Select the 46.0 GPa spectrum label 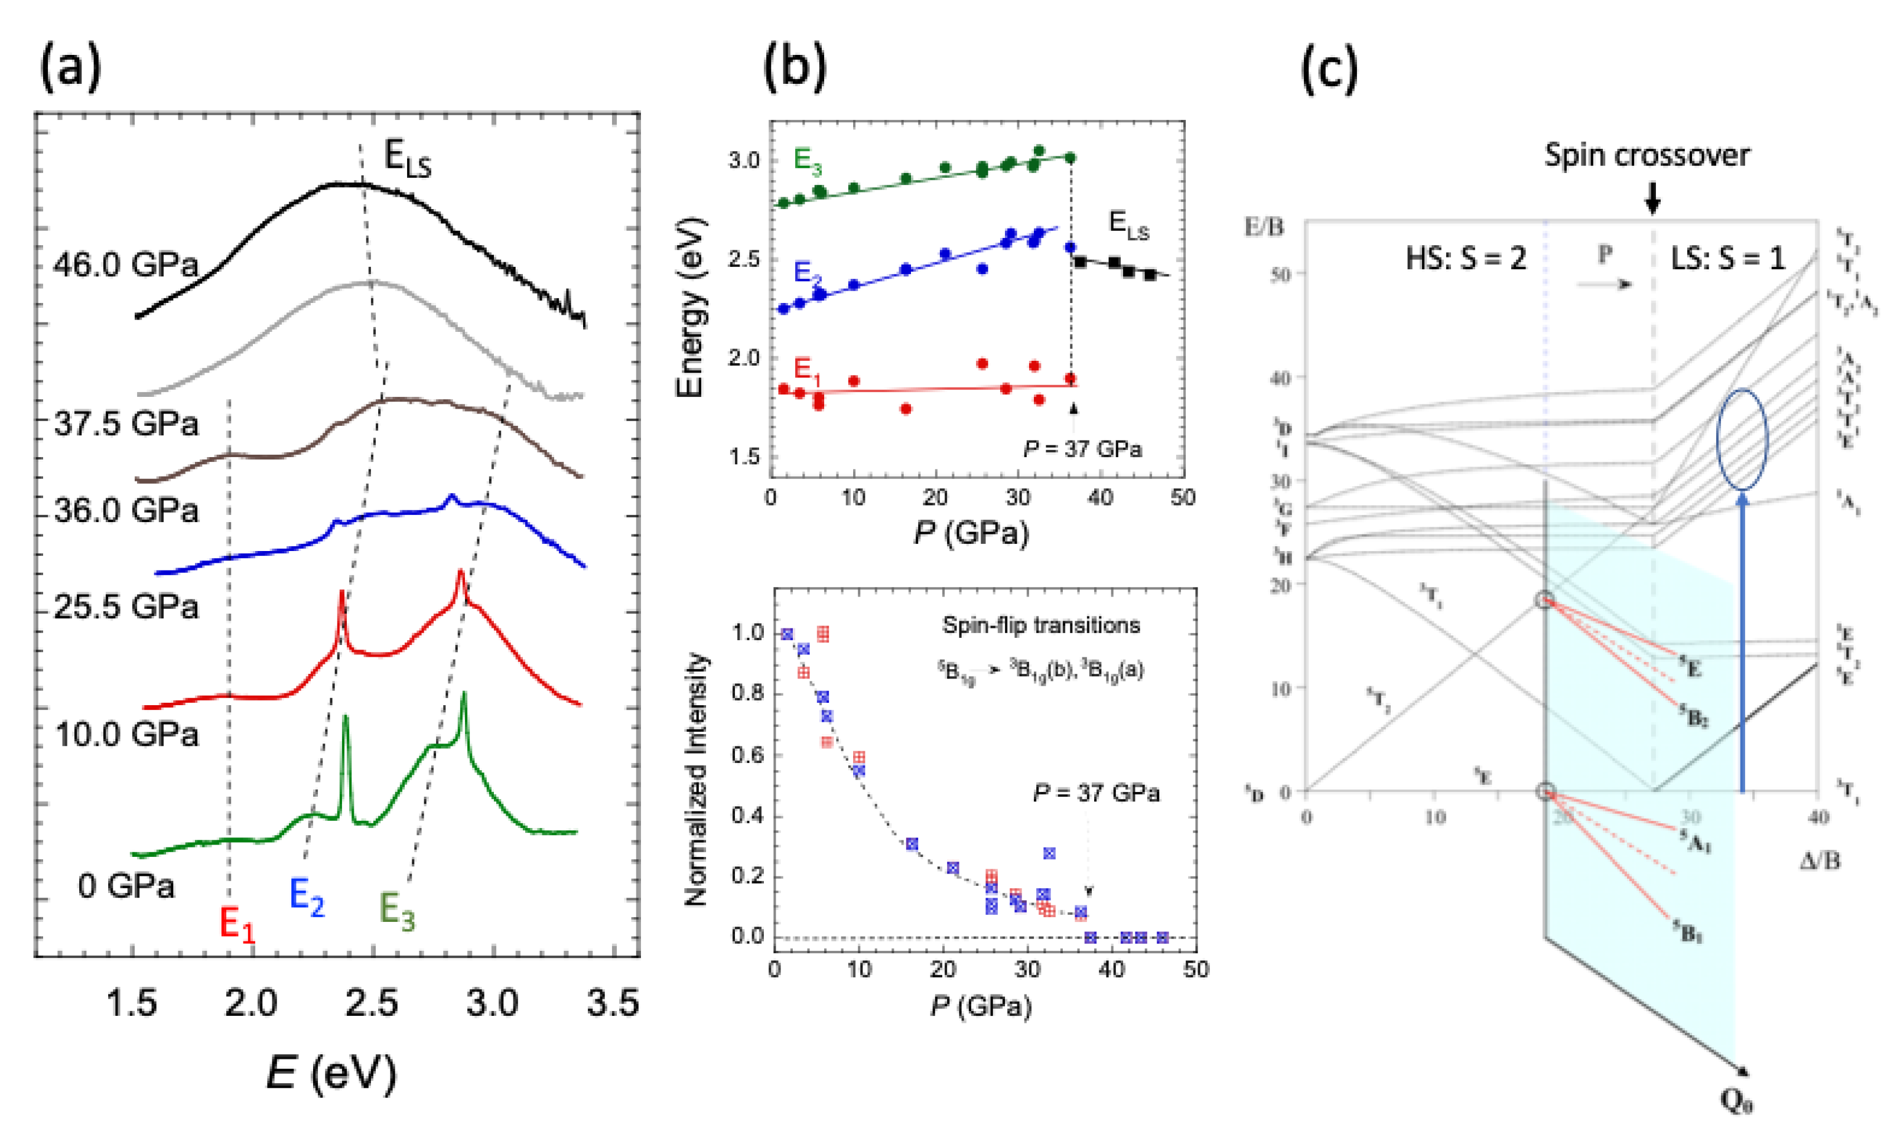[125, 265]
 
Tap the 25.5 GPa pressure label [125, 607]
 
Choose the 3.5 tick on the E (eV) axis [613, 1003]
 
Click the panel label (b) [795, 68]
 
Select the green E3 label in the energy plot [808, 160]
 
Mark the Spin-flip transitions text [1040, 625]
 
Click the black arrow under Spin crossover [1652, 202]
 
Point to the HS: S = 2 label [1466, 258]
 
